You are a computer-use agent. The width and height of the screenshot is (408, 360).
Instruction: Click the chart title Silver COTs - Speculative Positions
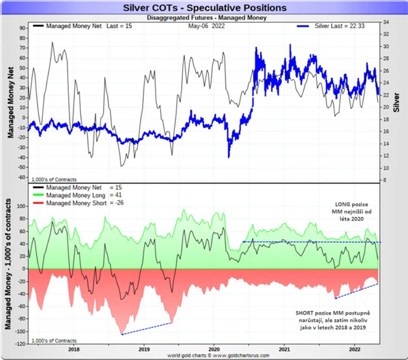204,8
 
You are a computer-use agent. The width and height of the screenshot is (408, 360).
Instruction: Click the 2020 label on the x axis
214,349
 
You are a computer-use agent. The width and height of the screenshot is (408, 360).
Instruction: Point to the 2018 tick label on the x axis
73,349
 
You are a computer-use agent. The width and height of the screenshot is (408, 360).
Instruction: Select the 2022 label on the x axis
356,349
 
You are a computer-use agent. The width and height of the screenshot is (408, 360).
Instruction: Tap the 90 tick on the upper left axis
22,28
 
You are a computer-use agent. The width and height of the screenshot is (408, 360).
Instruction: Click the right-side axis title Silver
398,102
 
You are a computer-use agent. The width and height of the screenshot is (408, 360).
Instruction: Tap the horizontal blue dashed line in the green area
312,241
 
